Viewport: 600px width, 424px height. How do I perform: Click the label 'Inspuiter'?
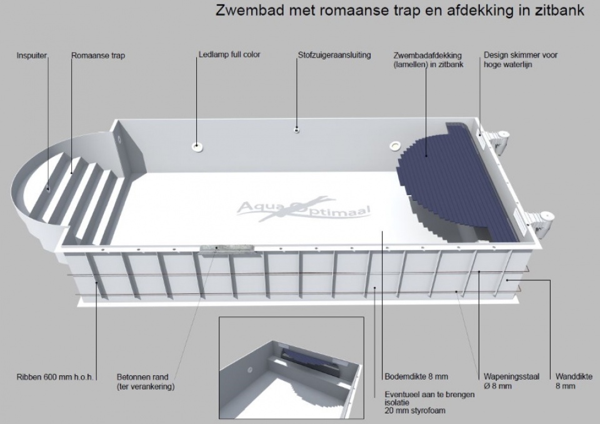[x=31, y=56]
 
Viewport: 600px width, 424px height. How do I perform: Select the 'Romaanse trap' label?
[x=98, y=56]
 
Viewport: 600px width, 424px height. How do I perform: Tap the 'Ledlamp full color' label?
[x=229, y=55]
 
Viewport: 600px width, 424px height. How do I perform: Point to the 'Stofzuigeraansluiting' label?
[x=334, y=55]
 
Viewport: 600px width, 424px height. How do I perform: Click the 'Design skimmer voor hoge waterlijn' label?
[x=521, y=60]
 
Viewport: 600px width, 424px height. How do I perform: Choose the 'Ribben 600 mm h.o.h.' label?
[x=55, y=377]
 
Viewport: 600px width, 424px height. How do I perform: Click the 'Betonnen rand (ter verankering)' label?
[x=146, y=382]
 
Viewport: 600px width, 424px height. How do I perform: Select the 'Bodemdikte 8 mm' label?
[x=416, y=376]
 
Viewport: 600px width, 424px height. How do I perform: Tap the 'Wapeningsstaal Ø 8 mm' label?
[x=512, y=381]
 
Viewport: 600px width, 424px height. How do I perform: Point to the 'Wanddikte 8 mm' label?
[x=574, y=381]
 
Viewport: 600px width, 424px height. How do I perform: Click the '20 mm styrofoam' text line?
[x=415, y=411]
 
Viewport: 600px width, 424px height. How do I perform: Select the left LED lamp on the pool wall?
[x=197, y=146]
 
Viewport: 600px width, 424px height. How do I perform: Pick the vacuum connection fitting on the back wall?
[x=296, y=130]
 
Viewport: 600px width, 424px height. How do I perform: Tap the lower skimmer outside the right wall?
[x=541, y=221]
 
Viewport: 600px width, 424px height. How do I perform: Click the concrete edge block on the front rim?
[x=226, y=248]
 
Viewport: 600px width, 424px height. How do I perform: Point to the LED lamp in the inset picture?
[x=252, y=371]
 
